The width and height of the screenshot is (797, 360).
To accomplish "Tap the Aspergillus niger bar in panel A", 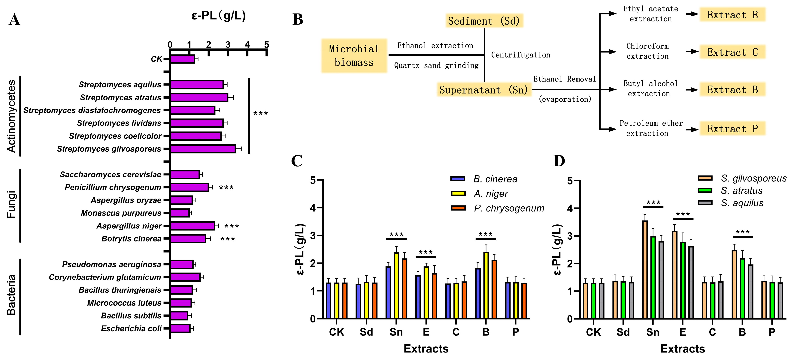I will coord(192,226).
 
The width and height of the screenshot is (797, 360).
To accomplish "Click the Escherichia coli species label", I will coord(131,328).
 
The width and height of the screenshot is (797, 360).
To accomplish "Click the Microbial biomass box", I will coord(354,56).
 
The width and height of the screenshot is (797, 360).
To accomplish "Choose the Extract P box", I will coord(732,129).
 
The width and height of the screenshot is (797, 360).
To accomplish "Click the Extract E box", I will coord(732,15).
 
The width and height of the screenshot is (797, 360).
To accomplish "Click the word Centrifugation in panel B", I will coord(521,55).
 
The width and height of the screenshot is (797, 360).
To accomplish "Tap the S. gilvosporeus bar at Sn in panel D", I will coord(645,269).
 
